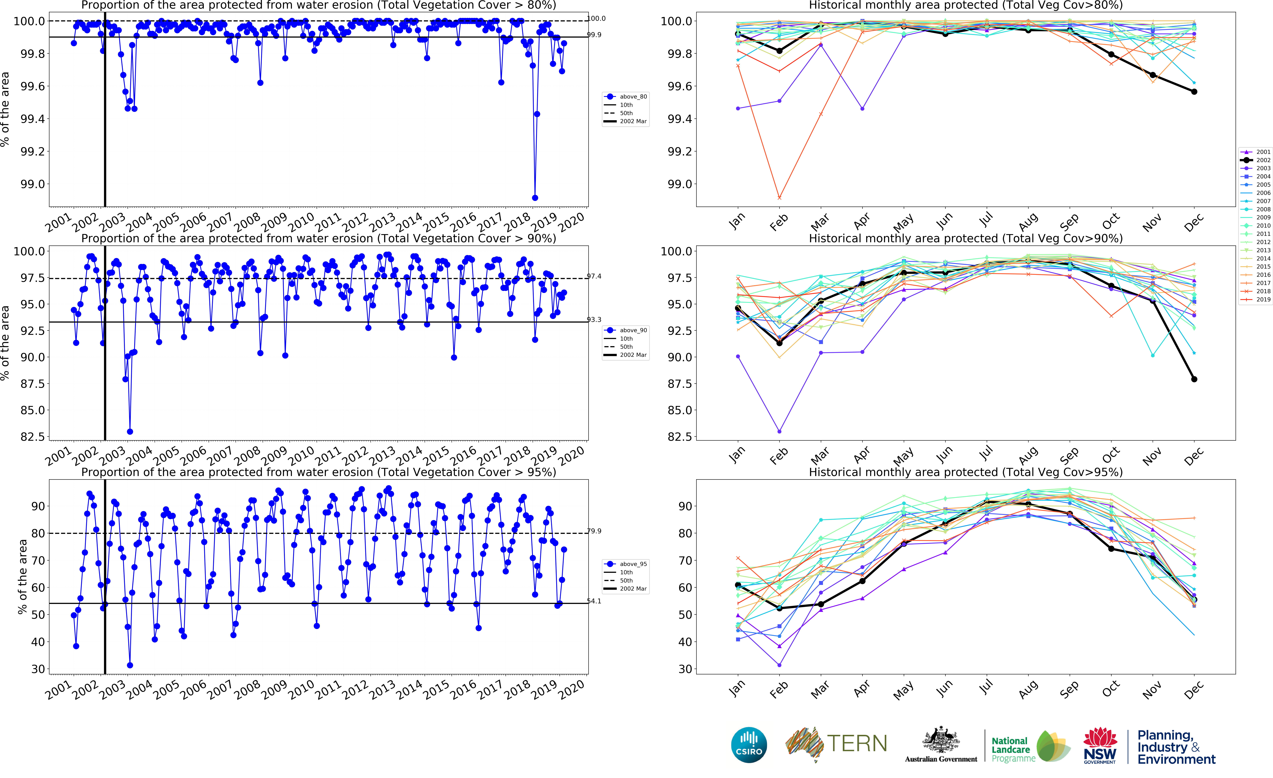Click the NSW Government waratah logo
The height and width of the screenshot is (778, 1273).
[1100, 745]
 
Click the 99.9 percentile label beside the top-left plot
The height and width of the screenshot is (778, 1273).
[594, 35]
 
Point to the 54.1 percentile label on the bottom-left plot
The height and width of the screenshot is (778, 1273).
[594, 601]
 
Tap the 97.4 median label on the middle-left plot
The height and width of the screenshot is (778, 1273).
[594, 277]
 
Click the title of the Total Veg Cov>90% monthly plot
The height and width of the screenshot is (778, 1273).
[966, 238]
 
